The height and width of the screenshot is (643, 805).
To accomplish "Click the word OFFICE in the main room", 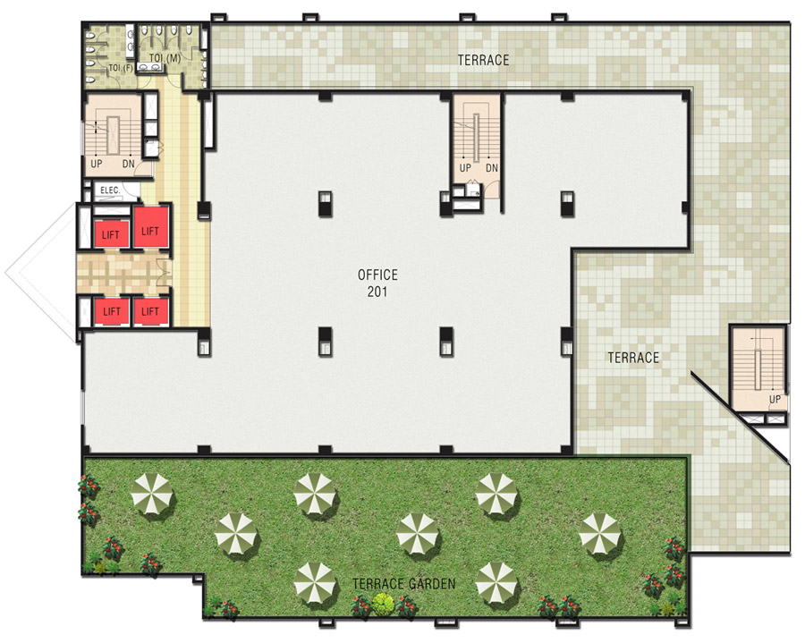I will coord(377,275).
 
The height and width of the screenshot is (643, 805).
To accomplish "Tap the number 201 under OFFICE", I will coord(377,291).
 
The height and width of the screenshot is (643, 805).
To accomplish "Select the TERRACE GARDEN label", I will coord(403,585).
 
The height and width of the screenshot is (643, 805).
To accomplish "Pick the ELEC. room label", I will coord(110,190).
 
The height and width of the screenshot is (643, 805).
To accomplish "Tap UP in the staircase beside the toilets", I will coord(97,165).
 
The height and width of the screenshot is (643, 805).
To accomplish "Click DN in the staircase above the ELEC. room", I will coord(128,165).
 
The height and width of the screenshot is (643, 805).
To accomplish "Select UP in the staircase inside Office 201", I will coord(464,167).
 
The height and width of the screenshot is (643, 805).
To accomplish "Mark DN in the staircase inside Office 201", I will coord(491,167).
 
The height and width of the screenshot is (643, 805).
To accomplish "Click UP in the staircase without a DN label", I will coord(775,398).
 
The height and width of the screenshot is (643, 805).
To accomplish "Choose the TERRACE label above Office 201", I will coord(483,60).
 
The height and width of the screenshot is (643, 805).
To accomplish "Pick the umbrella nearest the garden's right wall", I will coord(599,533).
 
